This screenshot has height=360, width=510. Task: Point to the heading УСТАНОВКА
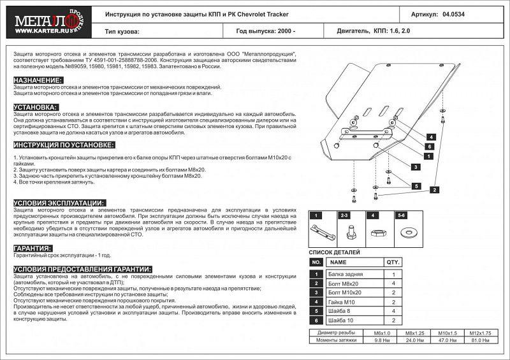point(36,107)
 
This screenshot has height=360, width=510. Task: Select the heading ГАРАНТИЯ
point(33,248)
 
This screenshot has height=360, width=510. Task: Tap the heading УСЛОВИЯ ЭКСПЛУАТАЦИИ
point(59,202)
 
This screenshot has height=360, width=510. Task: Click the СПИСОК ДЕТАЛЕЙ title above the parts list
point(335,252)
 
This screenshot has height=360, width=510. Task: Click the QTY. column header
point(393,262)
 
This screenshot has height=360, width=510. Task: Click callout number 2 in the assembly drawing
point(433,189)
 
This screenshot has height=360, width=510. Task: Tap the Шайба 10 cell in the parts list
point(345,319)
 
